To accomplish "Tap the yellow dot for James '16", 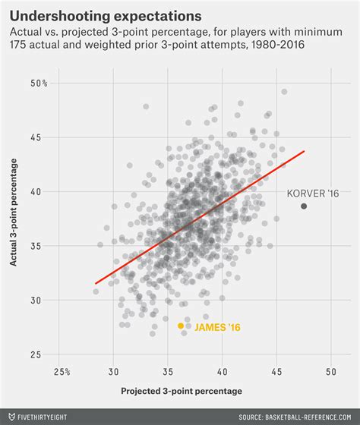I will (x=181, y=326).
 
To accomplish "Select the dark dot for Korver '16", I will (x=304, y=206).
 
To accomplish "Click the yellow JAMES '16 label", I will (x=217, y=328).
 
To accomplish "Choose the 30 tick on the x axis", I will (x=114, y=372).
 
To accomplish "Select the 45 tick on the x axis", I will (x=276, y=372).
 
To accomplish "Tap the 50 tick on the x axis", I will (x=330, y=372).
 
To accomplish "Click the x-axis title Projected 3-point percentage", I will (x=182, y=391).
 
